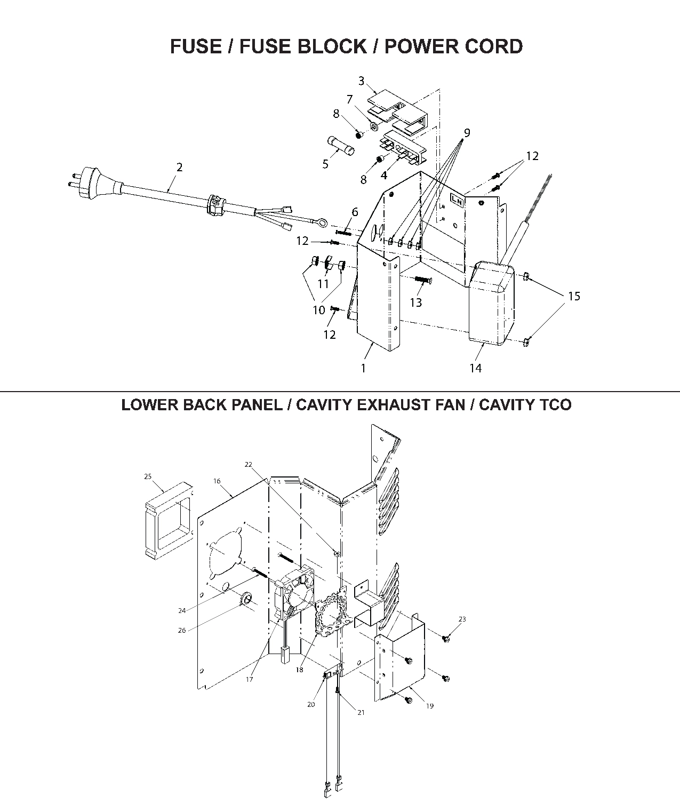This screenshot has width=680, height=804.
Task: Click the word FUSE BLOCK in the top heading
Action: pos(302,46)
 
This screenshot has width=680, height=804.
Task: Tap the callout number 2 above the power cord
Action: pos(180,167)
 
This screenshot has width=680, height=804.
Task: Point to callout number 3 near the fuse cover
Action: pos(361,81)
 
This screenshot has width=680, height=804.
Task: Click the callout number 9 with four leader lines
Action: pos(467,133)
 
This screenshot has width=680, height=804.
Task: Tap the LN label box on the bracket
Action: pos(457,200)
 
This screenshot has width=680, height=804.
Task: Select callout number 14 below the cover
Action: pos(475,368)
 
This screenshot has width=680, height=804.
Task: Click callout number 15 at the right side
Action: pos(574,296)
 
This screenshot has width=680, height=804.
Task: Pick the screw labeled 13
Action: pos(422,279)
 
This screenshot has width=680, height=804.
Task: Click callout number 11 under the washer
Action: pos(323,284)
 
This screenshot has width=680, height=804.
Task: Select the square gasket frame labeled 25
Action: pos(167,520)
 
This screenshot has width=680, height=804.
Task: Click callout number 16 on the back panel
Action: pos(217,481)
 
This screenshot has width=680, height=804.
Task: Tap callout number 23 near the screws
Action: pos(462,619)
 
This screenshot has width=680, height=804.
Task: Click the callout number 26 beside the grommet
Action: pos(182,630)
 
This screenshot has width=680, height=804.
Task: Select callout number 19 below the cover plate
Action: pos(430,706)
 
